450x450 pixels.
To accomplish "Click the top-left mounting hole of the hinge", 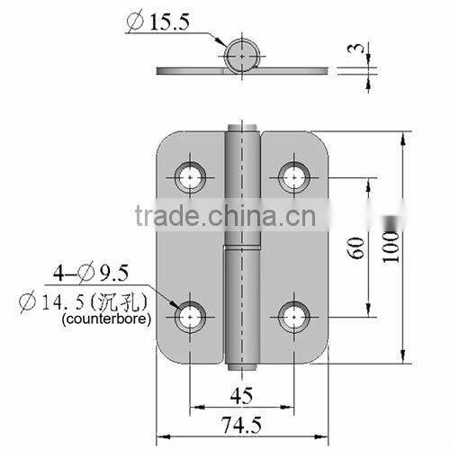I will pyautogui.click(x=191, y=176).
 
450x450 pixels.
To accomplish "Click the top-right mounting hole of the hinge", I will pyautogui.click(x=292, y=176).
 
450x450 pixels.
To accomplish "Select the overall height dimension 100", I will pyautogui.click(x=389, y=245).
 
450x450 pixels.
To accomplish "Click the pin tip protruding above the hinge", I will pyautogui.click(x=240, y=127).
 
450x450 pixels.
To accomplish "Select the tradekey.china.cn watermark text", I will pyautogui.click(x=229, y=217).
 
